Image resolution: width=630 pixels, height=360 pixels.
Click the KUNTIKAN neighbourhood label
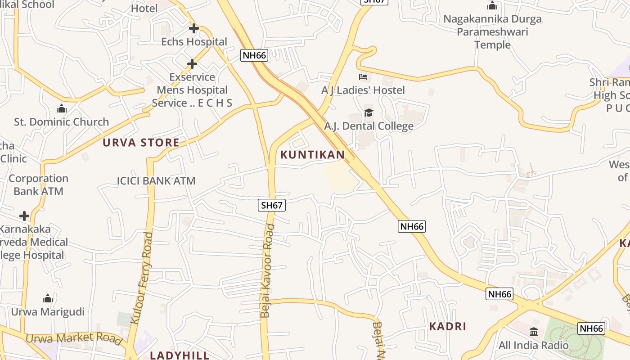pos(312,155)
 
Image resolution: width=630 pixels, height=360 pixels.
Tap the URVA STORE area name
pos(141,143)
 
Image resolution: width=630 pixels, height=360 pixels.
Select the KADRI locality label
pos(447,327)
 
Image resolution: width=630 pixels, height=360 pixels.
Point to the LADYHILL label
pos(180,355)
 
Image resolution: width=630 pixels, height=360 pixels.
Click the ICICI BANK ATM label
pos(156,181)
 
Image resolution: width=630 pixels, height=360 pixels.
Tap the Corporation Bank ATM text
pos(38,184)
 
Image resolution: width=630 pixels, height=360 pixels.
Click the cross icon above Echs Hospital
pos(194,28)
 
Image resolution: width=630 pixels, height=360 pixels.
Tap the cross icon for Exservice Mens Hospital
pos(192,64)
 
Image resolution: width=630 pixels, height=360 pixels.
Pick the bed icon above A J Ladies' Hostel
pos(363,77)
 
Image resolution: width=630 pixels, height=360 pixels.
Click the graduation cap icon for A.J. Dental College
pos(369,112)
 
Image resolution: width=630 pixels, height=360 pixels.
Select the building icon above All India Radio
pos(534,332)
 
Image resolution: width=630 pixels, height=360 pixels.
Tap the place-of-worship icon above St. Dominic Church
pos(61,108)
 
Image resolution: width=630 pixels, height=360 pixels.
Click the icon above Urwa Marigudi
pos(48,298)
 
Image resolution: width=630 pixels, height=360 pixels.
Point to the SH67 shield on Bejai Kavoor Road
pos(272,205)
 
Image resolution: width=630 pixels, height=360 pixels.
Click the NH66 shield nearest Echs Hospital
pos(254,55)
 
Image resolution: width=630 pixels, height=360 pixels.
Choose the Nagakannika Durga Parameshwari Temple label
pos(492,31)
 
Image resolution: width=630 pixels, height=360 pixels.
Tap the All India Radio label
pos(533,346)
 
